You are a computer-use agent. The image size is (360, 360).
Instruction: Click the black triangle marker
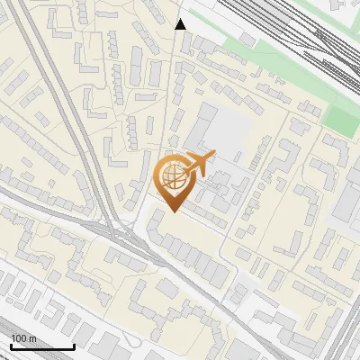point(181,24)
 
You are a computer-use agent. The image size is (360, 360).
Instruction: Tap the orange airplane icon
point(197,165)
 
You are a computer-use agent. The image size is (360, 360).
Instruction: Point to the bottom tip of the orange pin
point(172,212)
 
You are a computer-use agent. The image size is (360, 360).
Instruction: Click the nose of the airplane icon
point(214,156)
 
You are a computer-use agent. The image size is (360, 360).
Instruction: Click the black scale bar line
point(41,346)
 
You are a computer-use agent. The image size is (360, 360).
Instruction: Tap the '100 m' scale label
point(23,338)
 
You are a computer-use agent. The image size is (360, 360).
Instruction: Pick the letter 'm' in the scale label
point(32,338)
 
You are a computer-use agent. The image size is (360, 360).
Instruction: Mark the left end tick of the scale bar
point(10,345)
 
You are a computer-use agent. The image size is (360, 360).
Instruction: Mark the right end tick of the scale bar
point(74,345)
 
